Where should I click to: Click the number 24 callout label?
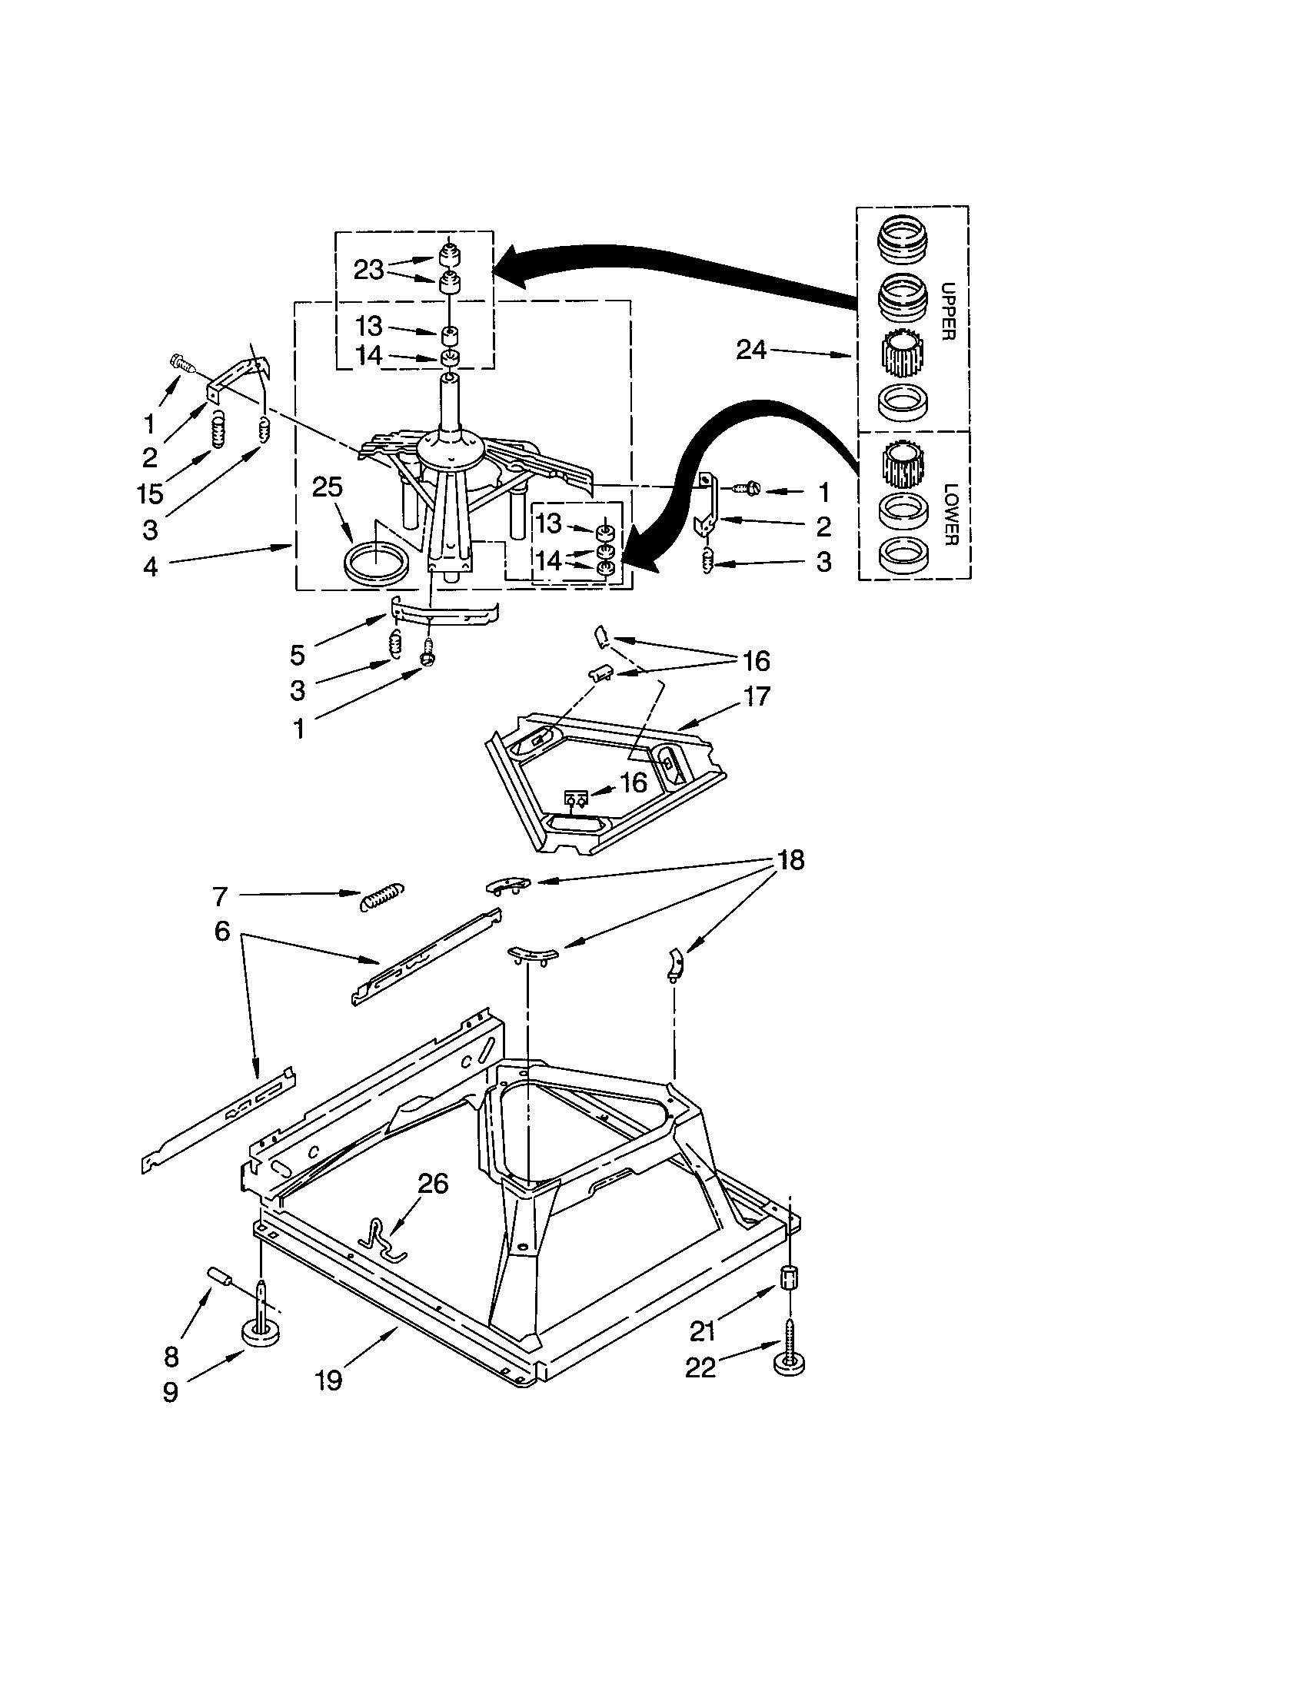[x=750, y=350]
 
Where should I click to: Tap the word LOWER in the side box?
[x=950, y=513]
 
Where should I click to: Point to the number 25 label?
[x=328, y=487]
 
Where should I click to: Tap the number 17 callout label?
[x=757, y=696]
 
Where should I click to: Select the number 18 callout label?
[x=790, y=859]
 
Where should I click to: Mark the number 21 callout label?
[x=702, y=1331]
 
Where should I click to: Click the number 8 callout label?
[x=172, y=1356]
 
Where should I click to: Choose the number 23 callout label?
[x=368, y=271]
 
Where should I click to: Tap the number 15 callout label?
[x=150, y=493]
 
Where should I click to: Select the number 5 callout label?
[x=298, y=655]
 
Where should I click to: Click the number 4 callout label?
[x=150, y=566]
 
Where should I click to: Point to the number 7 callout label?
[x=220, y=896]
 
